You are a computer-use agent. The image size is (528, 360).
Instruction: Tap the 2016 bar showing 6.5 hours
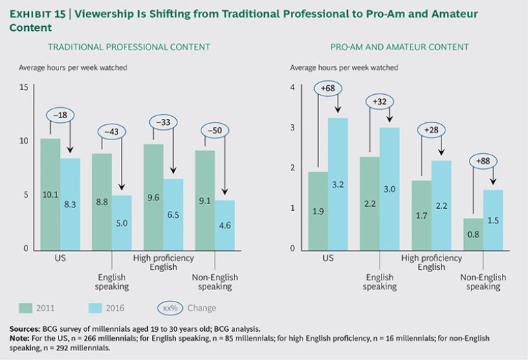coord(173,214)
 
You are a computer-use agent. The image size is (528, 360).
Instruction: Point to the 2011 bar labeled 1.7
coord(421,214)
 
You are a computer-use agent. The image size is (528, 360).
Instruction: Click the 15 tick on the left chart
coord(23,87)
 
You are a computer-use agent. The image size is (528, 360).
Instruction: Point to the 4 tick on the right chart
coord(292,87)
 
